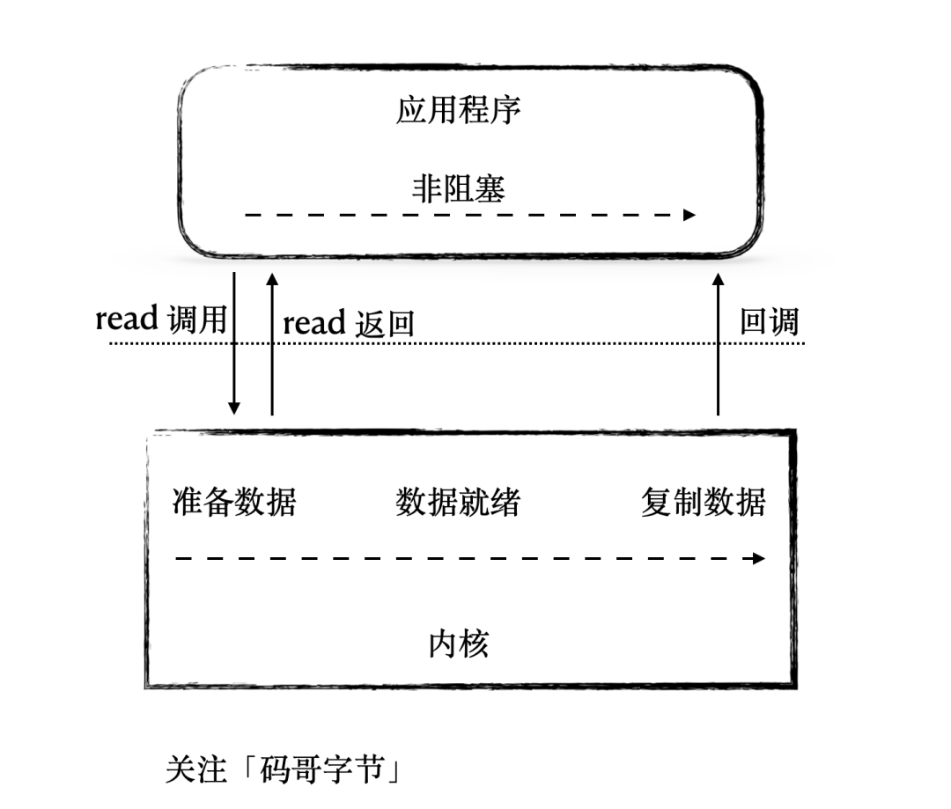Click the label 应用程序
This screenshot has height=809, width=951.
coord(458,111)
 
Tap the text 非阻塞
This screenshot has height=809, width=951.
coord(458,188)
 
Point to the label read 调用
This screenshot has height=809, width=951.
coord(161,319)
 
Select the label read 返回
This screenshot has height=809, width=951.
coord(348,323)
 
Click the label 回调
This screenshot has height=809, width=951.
coord(769,321)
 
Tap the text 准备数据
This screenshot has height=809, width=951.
coord(234,502)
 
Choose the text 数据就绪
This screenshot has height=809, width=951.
coord(458,502)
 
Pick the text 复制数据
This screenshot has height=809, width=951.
coord(703,502)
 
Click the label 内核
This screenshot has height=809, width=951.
coord(458,644)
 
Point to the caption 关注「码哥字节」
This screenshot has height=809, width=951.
coord(284,769)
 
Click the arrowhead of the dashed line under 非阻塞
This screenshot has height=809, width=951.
coord(689,215)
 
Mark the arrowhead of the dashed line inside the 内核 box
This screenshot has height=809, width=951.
coord(759,558)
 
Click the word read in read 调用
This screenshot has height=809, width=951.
coord(127,319)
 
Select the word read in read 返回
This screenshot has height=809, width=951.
coord(314,323)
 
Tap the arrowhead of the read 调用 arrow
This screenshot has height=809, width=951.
coord(234,408)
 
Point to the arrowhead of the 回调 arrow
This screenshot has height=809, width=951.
coord(718,279)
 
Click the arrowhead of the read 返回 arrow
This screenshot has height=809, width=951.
coord(272,279)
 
